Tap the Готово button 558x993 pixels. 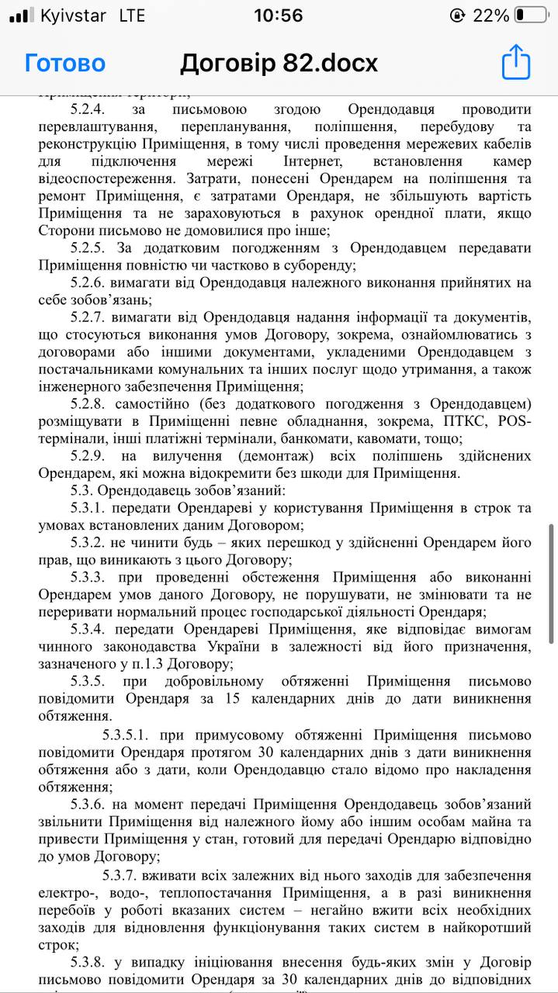[64, 63]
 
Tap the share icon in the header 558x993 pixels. [515, 62]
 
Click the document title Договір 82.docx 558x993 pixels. [279, 63]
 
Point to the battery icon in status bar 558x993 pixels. [532, 16]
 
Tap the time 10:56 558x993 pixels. [279, 16]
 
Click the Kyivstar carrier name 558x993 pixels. [73, 16]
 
